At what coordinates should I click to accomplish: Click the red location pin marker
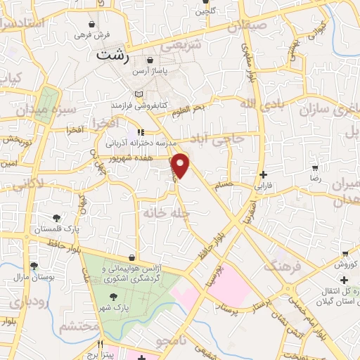(x=181, y=165)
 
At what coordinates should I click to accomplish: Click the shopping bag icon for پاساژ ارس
(x=150, y=61)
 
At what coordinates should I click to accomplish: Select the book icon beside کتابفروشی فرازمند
(x=139, y=94)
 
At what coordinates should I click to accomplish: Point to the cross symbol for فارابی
(x=263, y=174)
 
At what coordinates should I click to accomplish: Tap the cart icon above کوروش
(x=345, y=253)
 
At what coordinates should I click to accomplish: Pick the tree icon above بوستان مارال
(x=34, y=265)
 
